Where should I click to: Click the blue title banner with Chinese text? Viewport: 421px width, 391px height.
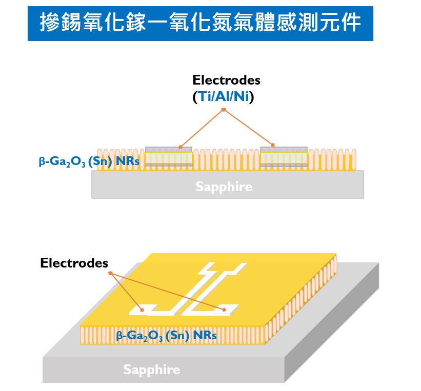(x=200, y=23)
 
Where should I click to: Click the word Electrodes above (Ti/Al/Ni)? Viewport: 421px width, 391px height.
(x=226, y=80)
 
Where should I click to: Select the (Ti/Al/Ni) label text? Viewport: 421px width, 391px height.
(x=224, y=97)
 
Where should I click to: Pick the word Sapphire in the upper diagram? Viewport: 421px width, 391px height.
(x=224, y=187)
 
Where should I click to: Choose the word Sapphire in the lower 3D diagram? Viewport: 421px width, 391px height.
(x=151, y=369)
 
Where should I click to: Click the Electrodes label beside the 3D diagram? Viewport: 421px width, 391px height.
(x=74, y=263)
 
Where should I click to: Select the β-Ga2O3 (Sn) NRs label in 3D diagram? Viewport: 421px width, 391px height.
(x=167, y=336)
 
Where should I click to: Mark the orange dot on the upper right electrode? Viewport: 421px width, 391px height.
(x=273, y=145)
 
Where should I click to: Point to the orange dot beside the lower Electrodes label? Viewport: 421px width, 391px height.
(x=109, y=273)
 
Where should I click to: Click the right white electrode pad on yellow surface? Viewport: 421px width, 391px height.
(x=225, y=310)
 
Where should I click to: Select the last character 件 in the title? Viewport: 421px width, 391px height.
(x=352, y=23)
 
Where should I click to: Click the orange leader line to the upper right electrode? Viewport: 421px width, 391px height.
(x=248, y=128)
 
